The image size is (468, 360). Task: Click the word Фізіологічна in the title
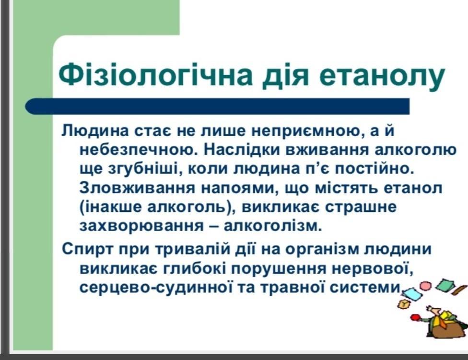click(155, 74)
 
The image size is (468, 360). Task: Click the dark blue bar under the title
click(217, 106)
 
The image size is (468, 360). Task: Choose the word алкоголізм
click(273, 226)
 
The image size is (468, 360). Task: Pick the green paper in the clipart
click(445, 284)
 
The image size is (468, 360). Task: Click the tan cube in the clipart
click(404, 304)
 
